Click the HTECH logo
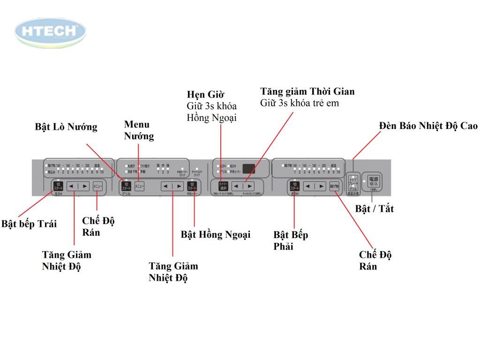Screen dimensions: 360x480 [x=51, y=32]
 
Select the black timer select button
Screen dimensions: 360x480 [x=223, y=186]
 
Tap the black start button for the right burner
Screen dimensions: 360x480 [x=294, y=186]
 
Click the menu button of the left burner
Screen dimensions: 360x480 [x=97, y=186]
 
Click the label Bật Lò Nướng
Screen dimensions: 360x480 [x=66, y=127]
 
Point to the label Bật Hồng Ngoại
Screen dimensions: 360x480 [x=216, y=234]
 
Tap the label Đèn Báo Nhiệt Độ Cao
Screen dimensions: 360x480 [x=428, y=126]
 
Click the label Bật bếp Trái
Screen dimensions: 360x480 [x=29, y=224]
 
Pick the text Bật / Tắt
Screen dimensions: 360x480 [x=374, y=209]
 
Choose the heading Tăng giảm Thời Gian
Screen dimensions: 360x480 [x=307, y=91]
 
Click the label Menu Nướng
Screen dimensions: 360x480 [x=139, y=130]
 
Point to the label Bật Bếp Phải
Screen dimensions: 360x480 [x=291, y=240]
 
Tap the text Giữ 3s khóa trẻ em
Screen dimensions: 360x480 [x=300, y=103]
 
